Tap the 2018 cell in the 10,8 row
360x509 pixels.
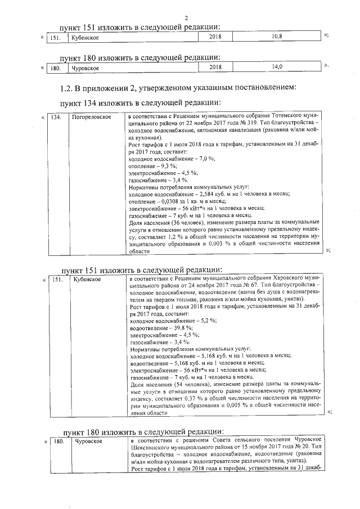(x=215, y=37)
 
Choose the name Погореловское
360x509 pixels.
(x=91, y=117)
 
